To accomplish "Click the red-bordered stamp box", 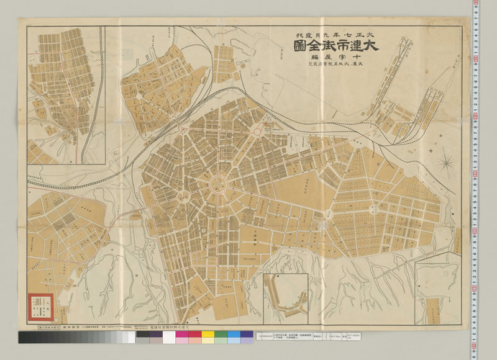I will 38,304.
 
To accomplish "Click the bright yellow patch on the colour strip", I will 207,338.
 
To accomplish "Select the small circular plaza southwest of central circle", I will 184,197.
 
